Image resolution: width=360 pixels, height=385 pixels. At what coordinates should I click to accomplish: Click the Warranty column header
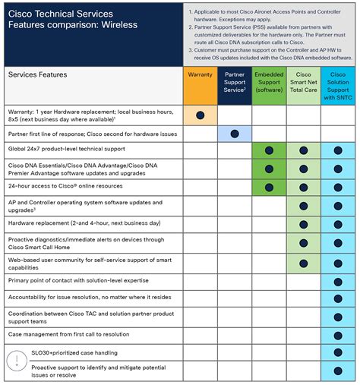200,76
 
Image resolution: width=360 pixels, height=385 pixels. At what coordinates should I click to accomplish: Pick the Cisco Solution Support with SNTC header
337,86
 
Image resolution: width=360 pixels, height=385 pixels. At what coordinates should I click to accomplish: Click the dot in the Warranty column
201,115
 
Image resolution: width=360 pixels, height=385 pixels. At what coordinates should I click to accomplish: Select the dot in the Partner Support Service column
235,134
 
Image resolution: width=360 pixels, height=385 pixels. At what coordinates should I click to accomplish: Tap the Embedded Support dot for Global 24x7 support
269,150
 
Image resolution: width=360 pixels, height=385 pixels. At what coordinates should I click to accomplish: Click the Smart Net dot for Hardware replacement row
303,224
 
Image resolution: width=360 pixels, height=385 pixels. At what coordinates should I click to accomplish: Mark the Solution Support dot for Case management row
337,335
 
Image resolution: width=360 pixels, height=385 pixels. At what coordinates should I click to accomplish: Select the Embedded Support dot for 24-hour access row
269,187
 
